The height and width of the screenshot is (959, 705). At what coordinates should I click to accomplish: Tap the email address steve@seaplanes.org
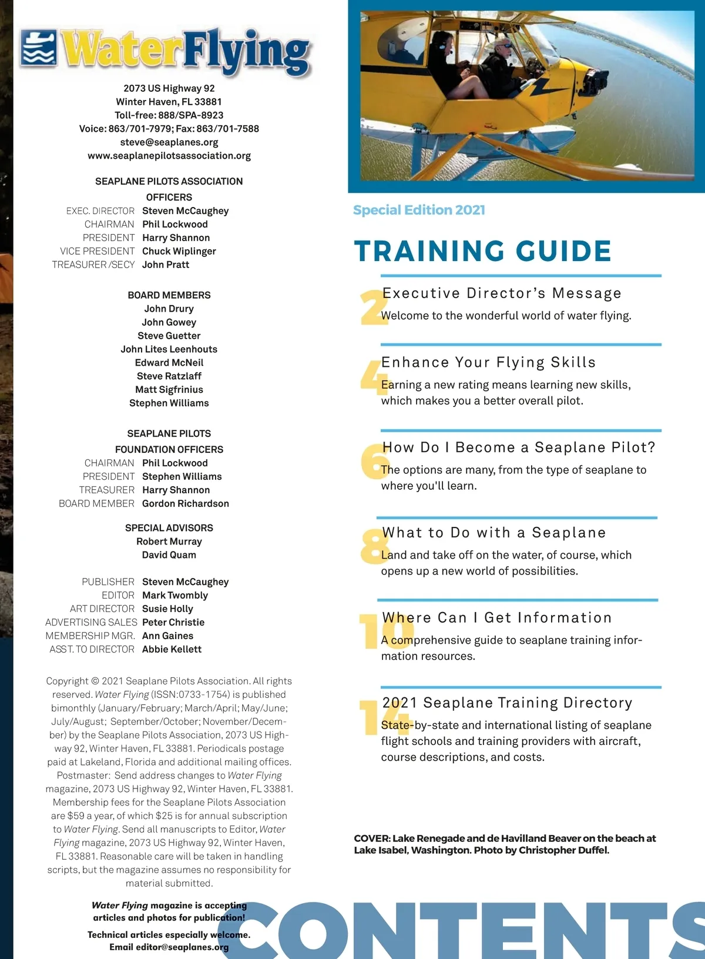point(169,142)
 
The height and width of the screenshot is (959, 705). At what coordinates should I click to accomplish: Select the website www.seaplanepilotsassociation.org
point(169,156)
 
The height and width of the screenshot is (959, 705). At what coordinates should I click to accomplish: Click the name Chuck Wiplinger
point(179,251)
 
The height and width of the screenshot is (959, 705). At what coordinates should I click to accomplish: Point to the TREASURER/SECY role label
point(93,265)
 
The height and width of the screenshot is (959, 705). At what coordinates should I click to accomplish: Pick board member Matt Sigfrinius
point(169,389)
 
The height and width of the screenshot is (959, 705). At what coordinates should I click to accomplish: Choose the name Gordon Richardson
point(186,503)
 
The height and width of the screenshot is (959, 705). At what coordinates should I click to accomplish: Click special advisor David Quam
point(169,554)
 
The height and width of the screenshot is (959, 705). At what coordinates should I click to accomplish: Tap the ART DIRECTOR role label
point(102,609)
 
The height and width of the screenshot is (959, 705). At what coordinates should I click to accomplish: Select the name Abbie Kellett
point(172,649)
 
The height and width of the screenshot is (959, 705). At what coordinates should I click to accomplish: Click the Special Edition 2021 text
point(419,210)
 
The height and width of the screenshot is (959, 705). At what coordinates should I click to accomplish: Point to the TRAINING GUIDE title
point(482,251)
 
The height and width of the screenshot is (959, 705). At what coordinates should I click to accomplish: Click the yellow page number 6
point(372,460)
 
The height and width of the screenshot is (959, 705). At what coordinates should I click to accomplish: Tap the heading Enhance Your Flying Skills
point(488,362)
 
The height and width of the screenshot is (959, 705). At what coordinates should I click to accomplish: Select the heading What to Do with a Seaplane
point(493,533)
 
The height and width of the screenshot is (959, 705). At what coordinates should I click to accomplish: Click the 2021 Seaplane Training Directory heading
point(507,703)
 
